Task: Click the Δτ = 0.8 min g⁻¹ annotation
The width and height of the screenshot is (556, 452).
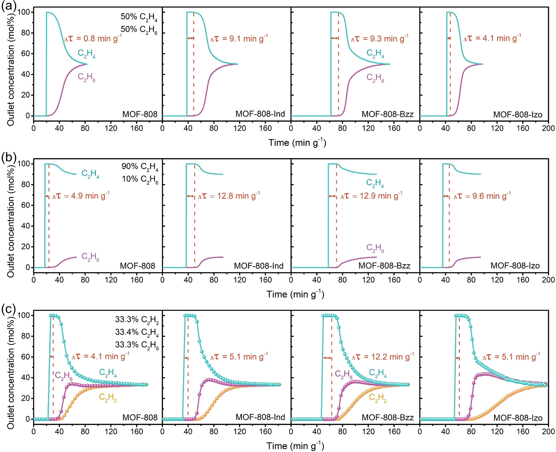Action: tap(93, 38)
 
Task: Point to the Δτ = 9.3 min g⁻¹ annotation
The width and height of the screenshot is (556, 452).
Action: tap(380, 39)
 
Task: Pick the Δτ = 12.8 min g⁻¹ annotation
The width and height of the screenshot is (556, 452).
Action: tap(229, 196)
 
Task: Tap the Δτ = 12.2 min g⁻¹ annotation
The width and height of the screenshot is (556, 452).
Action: tap(383, 357)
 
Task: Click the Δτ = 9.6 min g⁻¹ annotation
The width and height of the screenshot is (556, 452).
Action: tap(482, 196)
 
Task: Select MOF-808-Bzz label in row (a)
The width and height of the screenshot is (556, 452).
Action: tap(388, 114)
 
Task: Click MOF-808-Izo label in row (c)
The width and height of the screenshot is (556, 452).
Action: tap(518, 418)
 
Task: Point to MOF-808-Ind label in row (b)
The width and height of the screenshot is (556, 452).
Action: tap(259, 266)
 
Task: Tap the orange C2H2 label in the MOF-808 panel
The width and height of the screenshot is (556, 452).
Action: tap(108, 398)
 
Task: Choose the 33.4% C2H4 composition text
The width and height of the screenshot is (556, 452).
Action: tap(137, 332)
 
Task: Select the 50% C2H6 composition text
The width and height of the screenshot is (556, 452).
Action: tap(139, 29)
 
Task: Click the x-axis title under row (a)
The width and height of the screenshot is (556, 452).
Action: tap(297, 143)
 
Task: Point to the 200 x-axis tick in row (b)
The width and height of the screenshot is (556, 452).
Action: tap(548, 280)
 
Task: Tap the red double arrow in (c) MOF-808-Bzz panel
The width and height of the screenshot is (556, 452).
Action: tap(327, 358)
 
